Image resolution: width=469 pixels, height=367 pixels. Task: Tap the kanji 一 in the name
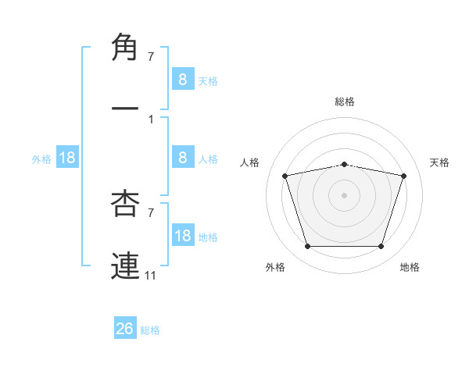coord(127,109)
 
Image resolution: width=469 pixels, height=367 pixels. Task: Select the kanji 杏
coord(127,205)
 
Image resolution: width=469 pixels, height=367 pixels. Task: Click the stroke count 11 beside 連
coord(150,275)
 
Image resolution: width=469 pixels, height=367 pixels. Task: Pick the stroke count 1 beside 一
coord(151,119)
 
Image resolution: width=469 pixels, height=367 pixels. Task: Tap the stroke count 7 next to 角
coord(151,57)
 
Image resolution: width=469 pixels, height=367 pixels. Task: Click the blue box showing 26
coord(124,329)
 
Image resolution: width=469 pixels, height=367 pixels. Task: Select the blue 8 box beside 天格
coord(182,79)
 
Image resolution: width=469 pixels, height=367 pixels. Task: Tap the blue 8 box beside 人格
coord(182,158)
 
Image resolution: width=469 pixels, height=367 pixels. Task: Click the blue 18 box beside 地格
coord(182,236)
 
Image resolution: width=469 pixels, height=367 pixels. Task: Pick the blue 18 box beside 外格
coord(67,158)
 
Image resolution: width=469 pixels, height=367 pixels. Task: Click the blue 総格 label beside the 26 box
coord(150,330)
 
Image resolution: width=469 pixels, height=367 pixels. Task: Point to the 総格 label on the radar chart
coord(345,102)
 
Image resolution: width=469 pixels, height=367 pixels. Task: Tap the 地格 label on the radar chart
coord(410,267)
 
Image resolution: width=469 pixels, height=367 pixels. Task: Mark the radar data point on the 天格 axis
coord(404,176)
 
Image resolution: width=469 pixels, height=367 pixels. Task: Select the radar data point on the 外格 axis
coord(307,247)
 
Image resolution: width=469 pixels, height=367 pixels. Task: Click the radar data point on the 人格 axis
coord(285,176)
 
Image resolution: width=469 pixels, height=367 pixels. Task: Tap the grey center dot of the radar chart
coord(345,195)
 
